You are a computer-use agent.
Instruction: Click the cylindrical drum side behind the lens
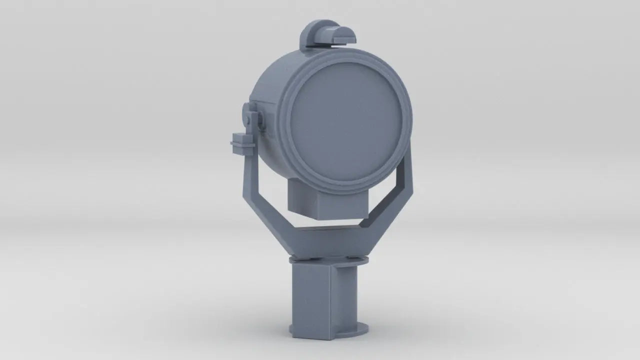(267, 95)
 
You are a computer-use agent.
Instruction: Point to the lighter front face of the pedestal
(310, 300)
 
